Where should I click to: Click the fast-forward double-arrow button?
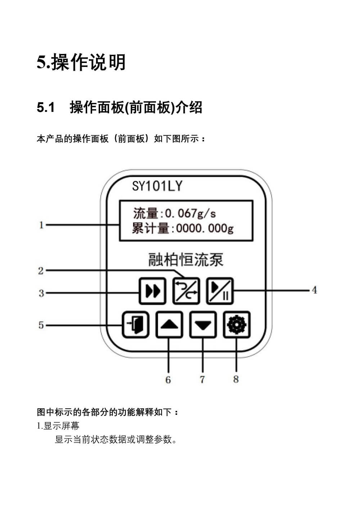pos(153,291)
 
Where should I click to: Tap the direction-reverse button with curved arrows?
pos(186,291)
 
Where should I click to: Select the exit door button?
pos(135,325)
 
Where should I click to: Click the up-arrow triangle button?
pos(169,325)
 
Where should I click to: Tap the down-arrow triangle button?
pos(203,325)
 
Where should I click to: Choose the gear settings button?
pos(237,325)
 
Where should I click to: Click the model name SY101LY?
pos(157,186)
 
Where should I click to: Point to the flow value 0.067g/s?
pos(190,213)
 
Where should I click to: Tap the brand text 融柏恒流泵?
pos(186,260)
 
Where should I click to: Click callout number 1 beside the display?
pos(41,225)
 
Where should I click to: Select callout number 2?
pos(41,271)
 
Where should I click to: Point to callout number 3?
pos(41,293)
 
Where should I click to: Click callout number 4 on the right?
pos(314,290)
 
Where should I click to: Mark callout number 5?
pos(41,325)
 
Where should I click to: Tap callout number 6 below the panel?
pos(168,380)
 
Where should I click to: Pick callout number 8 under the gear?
pos(236,379)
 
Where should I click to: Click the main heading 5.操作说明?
pos(81,62)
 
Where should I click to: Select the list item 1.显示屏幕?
pos(58,426)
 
